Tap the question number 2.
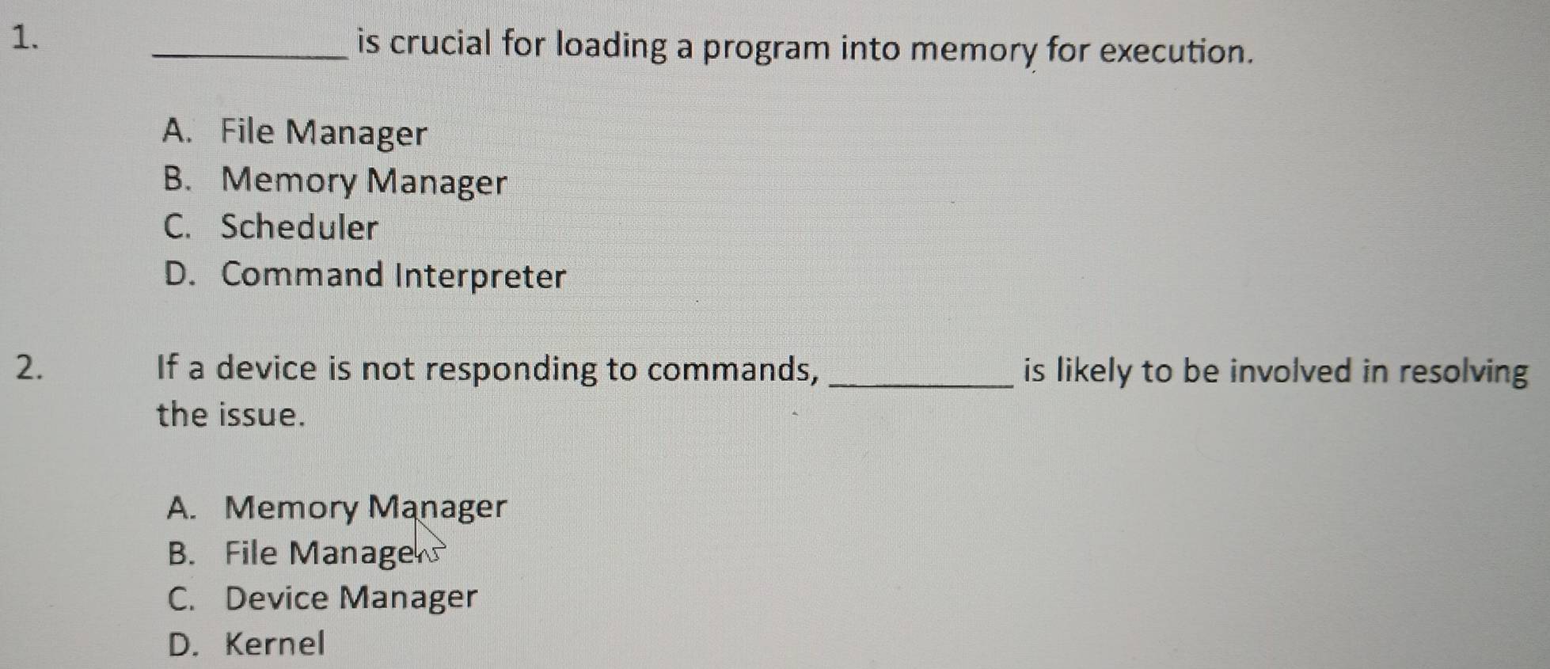(28, 370)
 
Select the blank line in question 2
(920, 386)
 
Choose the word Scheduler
(299, 227)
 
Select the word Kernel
(275, 643)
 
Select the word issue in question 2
(261, 415)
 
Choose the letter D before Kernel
(181, 644)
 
